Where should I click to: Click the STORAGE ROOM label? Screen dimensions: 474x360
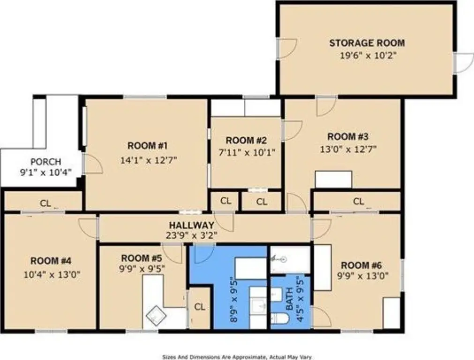coord(367,43)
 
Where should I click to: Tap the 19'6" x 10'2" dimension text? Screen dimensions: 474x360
coord(368,56)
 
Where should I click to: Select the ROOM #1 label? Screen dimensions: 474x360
coord(148,146)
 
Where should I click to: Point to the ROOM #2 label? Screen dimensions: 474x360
coord(246,140)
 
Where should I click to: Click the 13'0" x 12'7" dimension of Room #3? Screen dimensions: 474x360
coord(348,149)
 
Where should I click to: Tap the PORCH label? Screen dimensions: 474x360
coord(46,162)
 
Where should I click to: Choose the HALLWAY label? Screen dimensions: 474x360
coord(192,225)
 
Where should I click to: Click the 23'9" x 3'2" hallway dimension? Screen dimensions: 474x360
coord(192,235)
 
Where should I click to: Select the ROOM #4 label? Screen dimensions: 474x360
coord(51,261)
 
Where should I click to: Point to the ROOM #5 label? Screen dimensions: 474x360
coord(142,258)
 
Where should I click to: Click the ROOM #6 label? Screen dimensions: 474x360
coord(361,265)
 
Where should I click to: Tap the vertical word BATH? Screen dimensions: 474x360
coord(289,299)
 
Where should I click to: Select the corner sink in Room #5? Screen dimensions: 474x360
coord(156,315)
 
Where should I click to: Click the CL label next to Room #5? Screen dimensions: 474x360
coord(200,307)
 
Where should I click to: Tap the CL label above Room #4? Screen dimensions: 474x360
coord(45,203)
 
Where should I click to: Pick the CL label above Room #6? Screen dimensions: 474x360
coord(359,201)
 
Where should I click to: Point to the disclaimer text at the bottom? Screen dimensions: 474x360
coord(237,357)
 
